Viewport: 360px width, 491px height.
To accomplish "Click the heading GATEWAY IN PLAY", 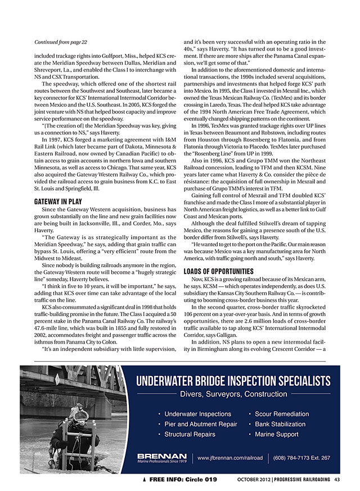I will click(x=58, y=200).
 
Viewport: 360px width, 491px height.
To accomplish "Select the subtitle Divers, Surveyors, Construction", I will click(x=233, y=394).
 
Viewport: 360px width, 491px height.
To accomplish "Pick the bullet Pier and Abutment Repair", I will click(x=200, y=424).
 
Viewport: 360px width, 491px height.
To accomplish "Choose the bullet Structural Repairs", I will click(x=190, y=434).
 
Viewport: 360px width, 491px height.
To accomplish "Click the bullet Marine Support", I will click(x=276, y=434).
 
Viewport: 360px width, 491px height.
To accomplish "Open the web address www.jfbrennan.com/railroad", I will click(x=230, y=458).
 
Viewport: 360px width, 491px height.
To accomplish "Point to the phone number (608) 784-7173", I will click(x=301, y=458).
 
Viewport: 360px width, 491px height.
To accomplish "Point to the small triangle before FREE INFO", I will click(x=145, y=479).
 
